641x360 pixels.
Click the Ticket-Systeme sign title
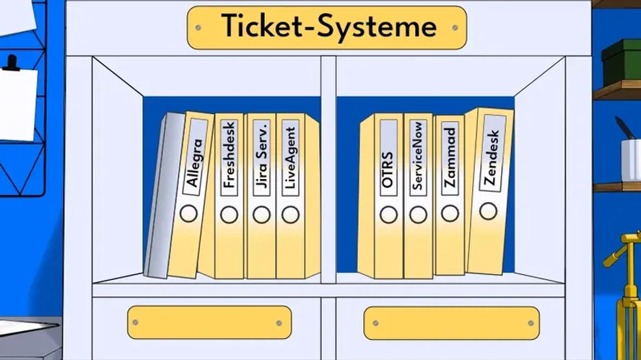(x=328, y=27)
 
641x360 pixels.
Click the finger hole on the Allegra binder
(x=189, y=214)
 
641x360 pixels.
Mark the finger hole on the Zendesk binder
(x=489, y=210)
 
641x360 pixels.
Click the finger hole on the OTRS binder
(x=388, y=215)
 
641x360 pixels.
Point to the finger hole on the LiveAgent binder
(x=290, y=214)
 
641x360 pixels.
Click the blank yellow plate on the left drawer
(x=209, y=320)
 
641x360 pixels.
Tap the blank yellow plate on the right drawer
(x=452, y=320)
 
